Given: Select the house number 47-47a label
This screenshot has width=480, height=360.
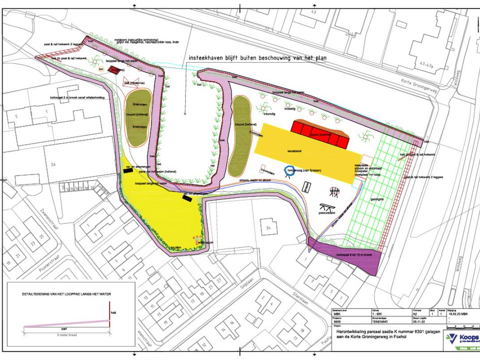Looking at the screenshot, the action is tap(426, 65).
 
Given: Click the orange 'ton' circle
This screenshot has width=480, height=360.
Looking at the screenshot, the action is tap(101, 69).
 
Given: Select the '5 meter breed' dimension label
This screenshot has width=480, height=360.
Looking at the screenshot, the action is tap(66, 335).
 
